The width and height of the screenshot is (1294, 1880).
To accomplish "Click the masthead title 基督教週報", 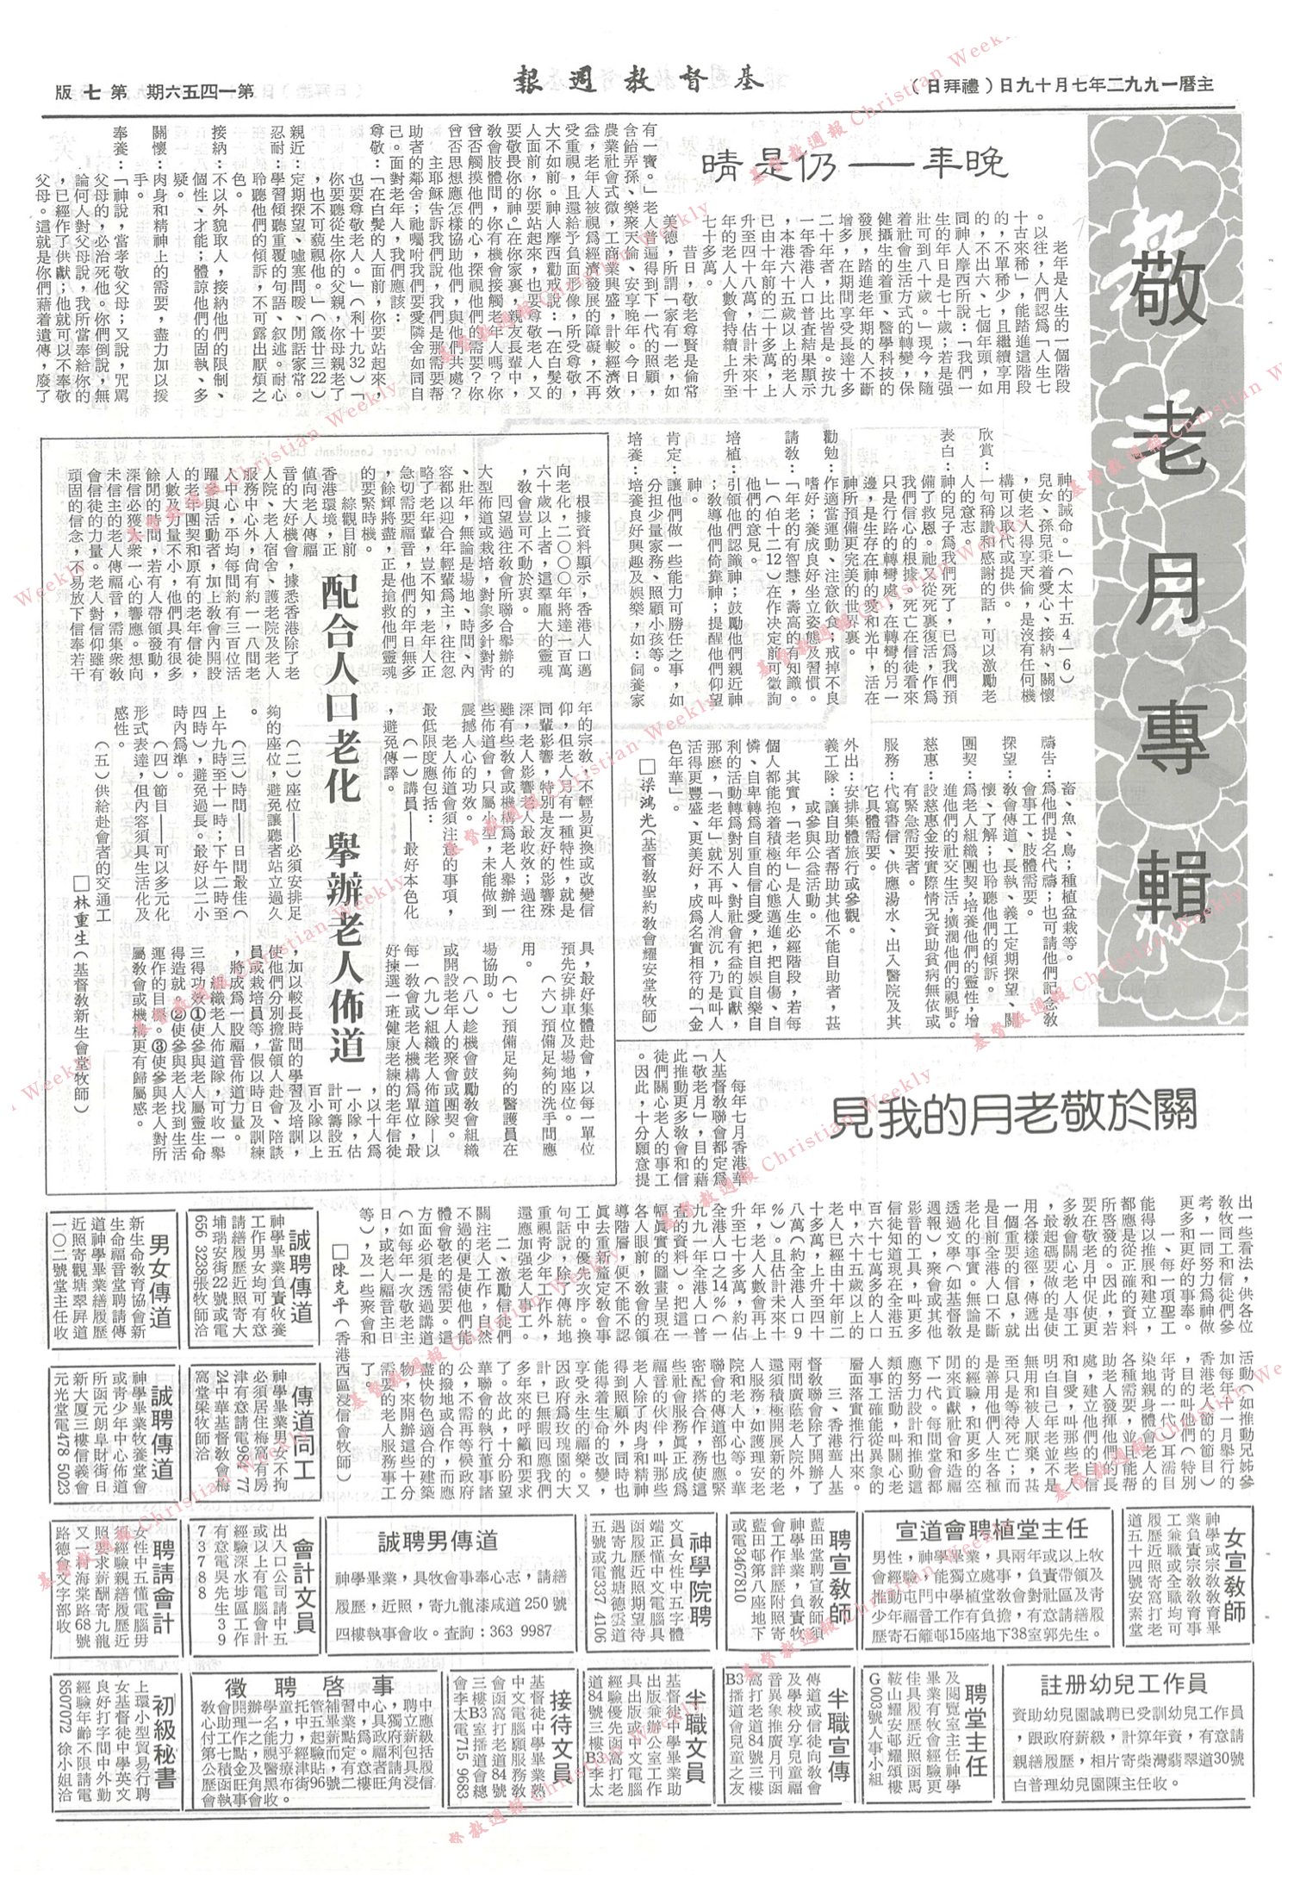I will click(x=638, y=83).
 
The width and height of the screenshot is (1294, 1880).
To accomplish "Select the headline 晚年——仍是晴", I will click(x=853, y=164).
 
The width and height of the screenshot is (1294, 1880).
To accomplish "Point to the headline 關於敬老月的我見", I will click(x=1013, y=1112).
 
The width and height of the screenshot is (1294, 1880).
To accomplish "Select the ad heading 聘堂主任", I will click(x=974, y=1727).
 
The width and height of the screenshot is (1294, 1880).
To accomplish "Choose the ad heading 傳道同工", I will click(x=302, y=1427).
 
